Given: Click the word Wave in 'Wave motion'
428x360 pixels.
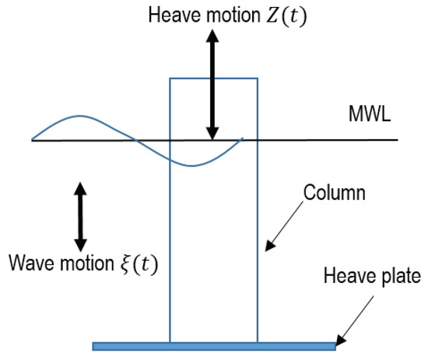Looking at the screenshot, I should [x=30, y=264].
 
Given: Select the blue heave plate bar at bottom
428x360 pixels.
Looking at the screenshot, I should [x=214, y=345].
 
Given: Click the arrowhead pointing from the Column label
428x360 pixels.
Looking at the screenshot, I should [x=267, y=249].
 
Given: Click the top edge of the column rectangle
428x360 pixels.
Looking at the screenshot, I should [x=214, y=78].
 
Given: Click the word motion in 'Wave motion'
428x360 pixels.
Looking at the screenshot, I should [x=85, y=264].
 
